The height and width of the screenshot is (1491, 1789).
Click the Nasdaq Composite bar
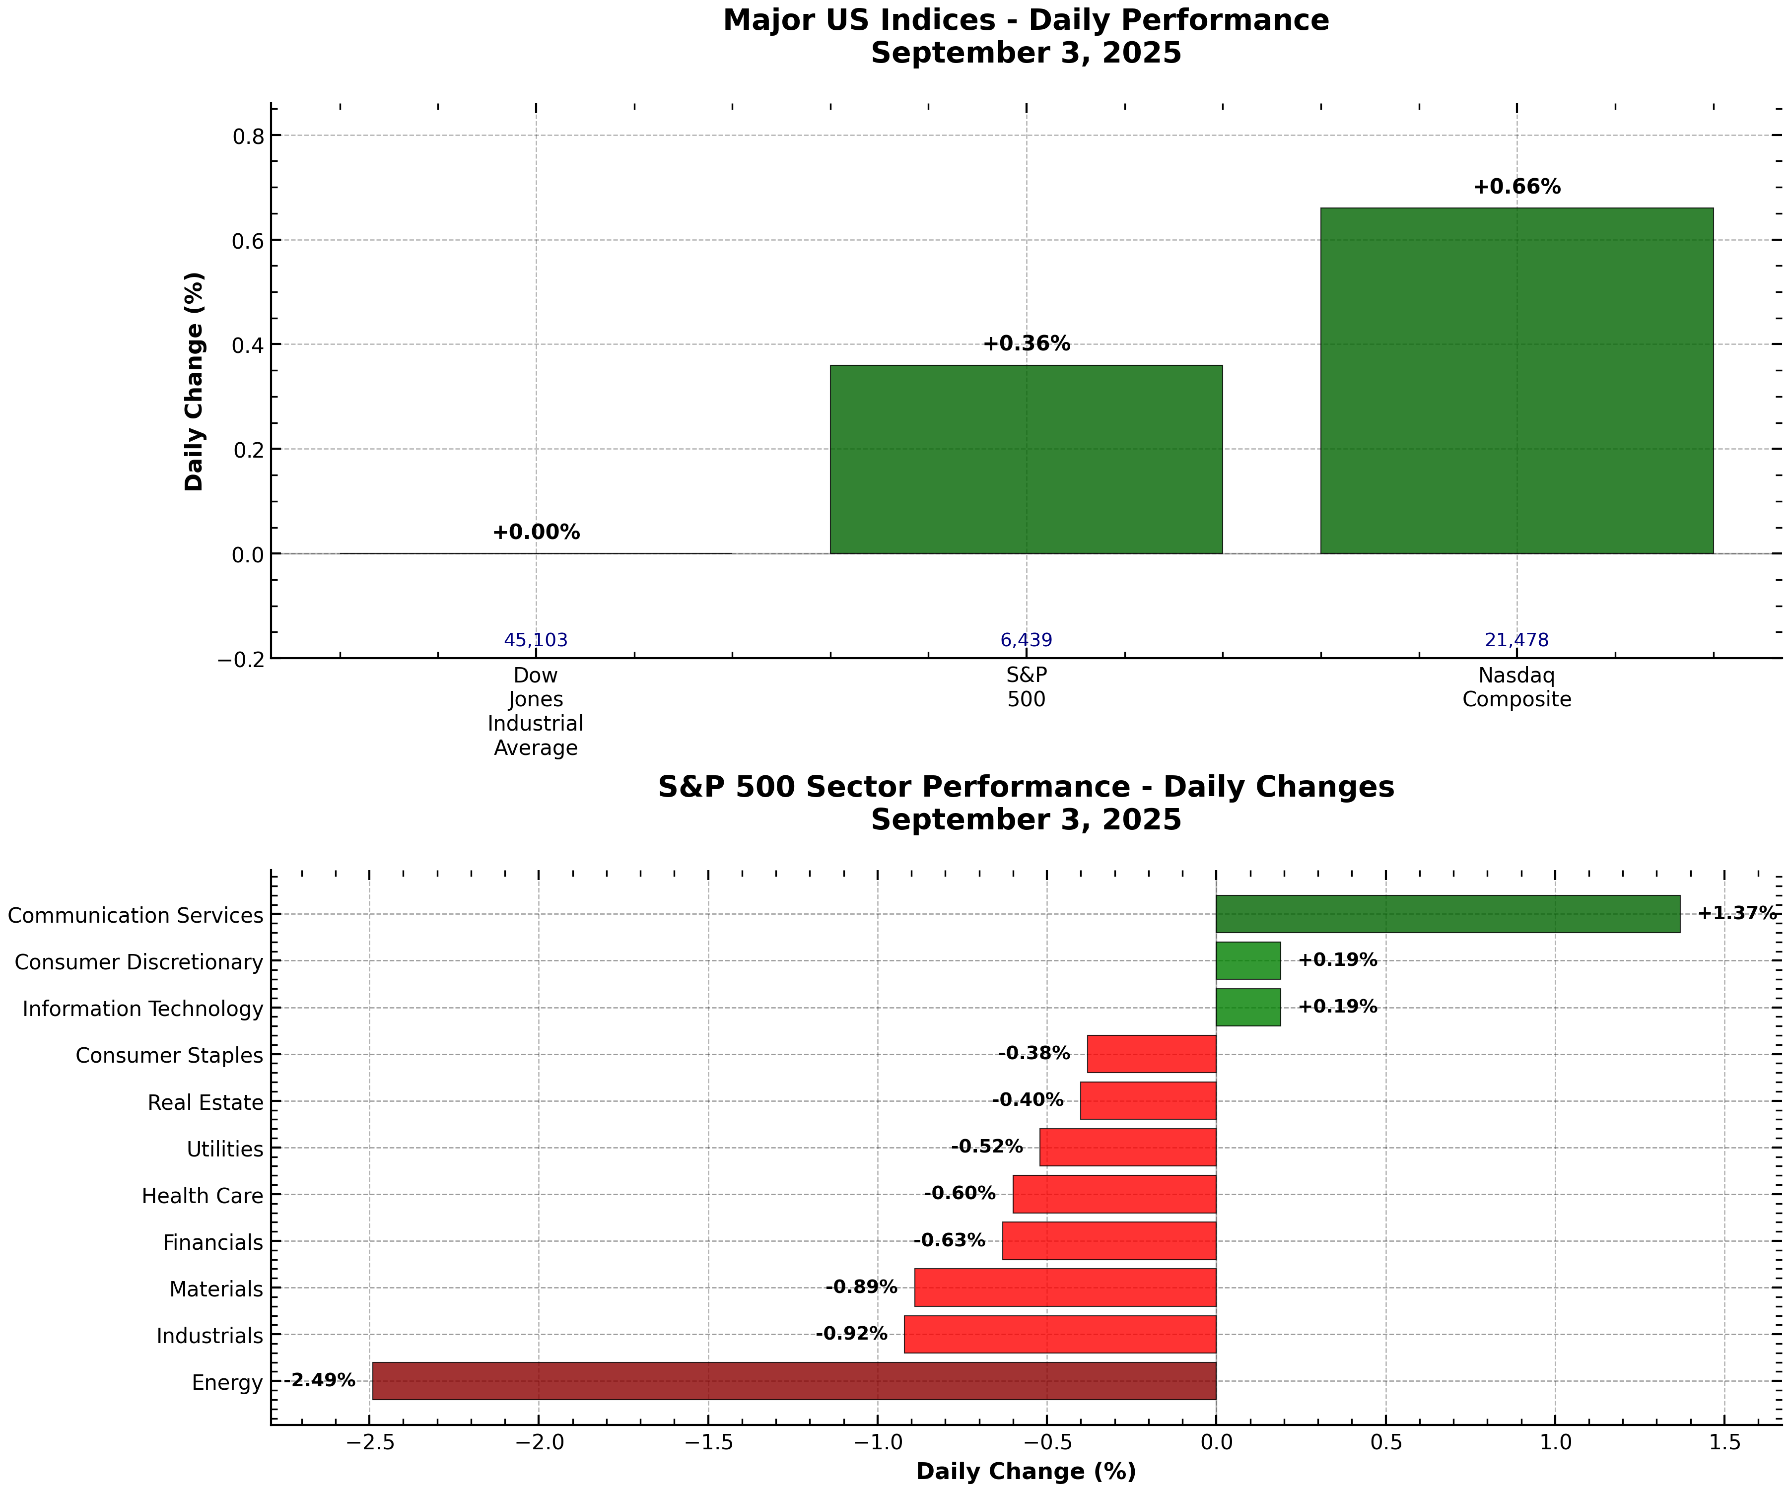click(x=1516, y=380)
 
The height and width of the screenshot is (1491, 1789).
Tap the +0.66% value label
click(x=1516, y=188)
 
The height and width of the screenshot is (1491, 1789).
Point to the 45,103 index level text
click(x=536, y=640)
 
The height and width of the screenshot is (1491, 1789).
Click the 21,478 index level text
click(x=1516, y=640)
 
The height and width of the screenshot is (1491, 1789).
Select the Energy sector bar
click(x=794, y=1381)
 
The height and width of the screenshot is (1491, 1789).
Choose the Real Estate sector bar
click(x=1148, y=1101)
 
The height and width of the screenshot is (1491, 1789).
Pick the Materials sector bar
click(x=1065, y=1288)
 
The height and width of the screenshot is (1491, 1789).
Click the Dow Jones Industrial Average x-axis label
click(x=536, y=711)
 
